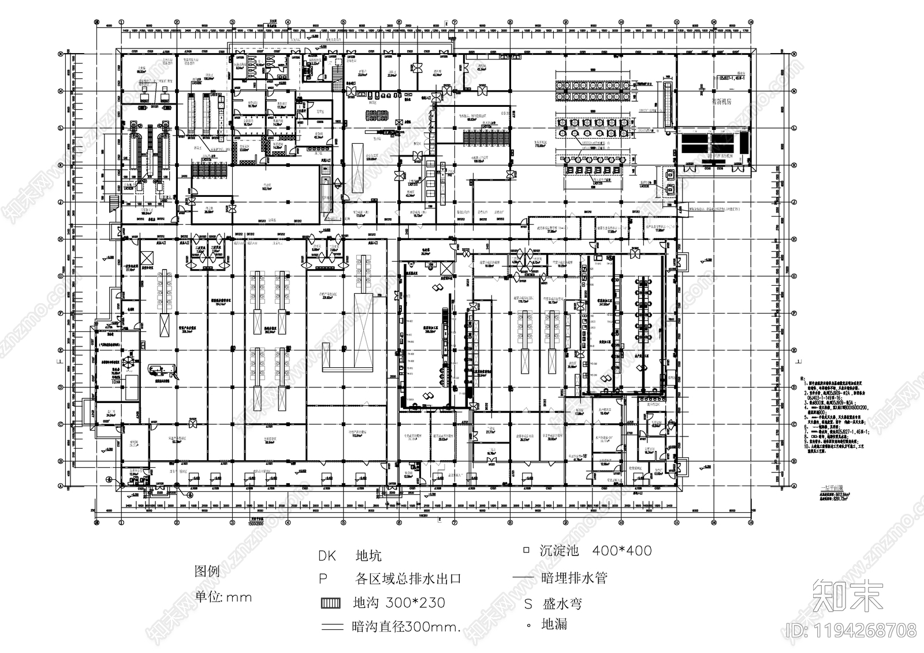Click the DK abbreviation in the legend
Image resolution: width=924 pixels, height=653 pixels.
[x=326, y=557]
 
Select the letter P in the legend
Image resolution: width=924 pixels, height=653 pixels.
[x=323, y=579]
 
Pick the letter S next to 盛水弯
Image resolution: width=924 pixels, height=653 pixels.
[x=528, y=605]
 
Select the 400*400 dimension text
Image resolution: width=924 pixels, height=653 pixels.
[x=622, y=551]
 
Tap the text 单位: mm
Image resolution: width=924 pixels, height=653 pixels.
[x=224, y=597]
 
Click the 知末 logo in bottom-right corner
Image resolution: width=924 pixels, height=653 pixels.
[x=847, y=595]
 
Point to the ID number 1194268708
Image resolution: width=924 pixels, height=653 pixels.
[x=852, y=629]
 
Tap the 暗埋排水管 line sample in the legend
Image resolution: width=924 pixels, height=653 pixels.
[x=524, y=578]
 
